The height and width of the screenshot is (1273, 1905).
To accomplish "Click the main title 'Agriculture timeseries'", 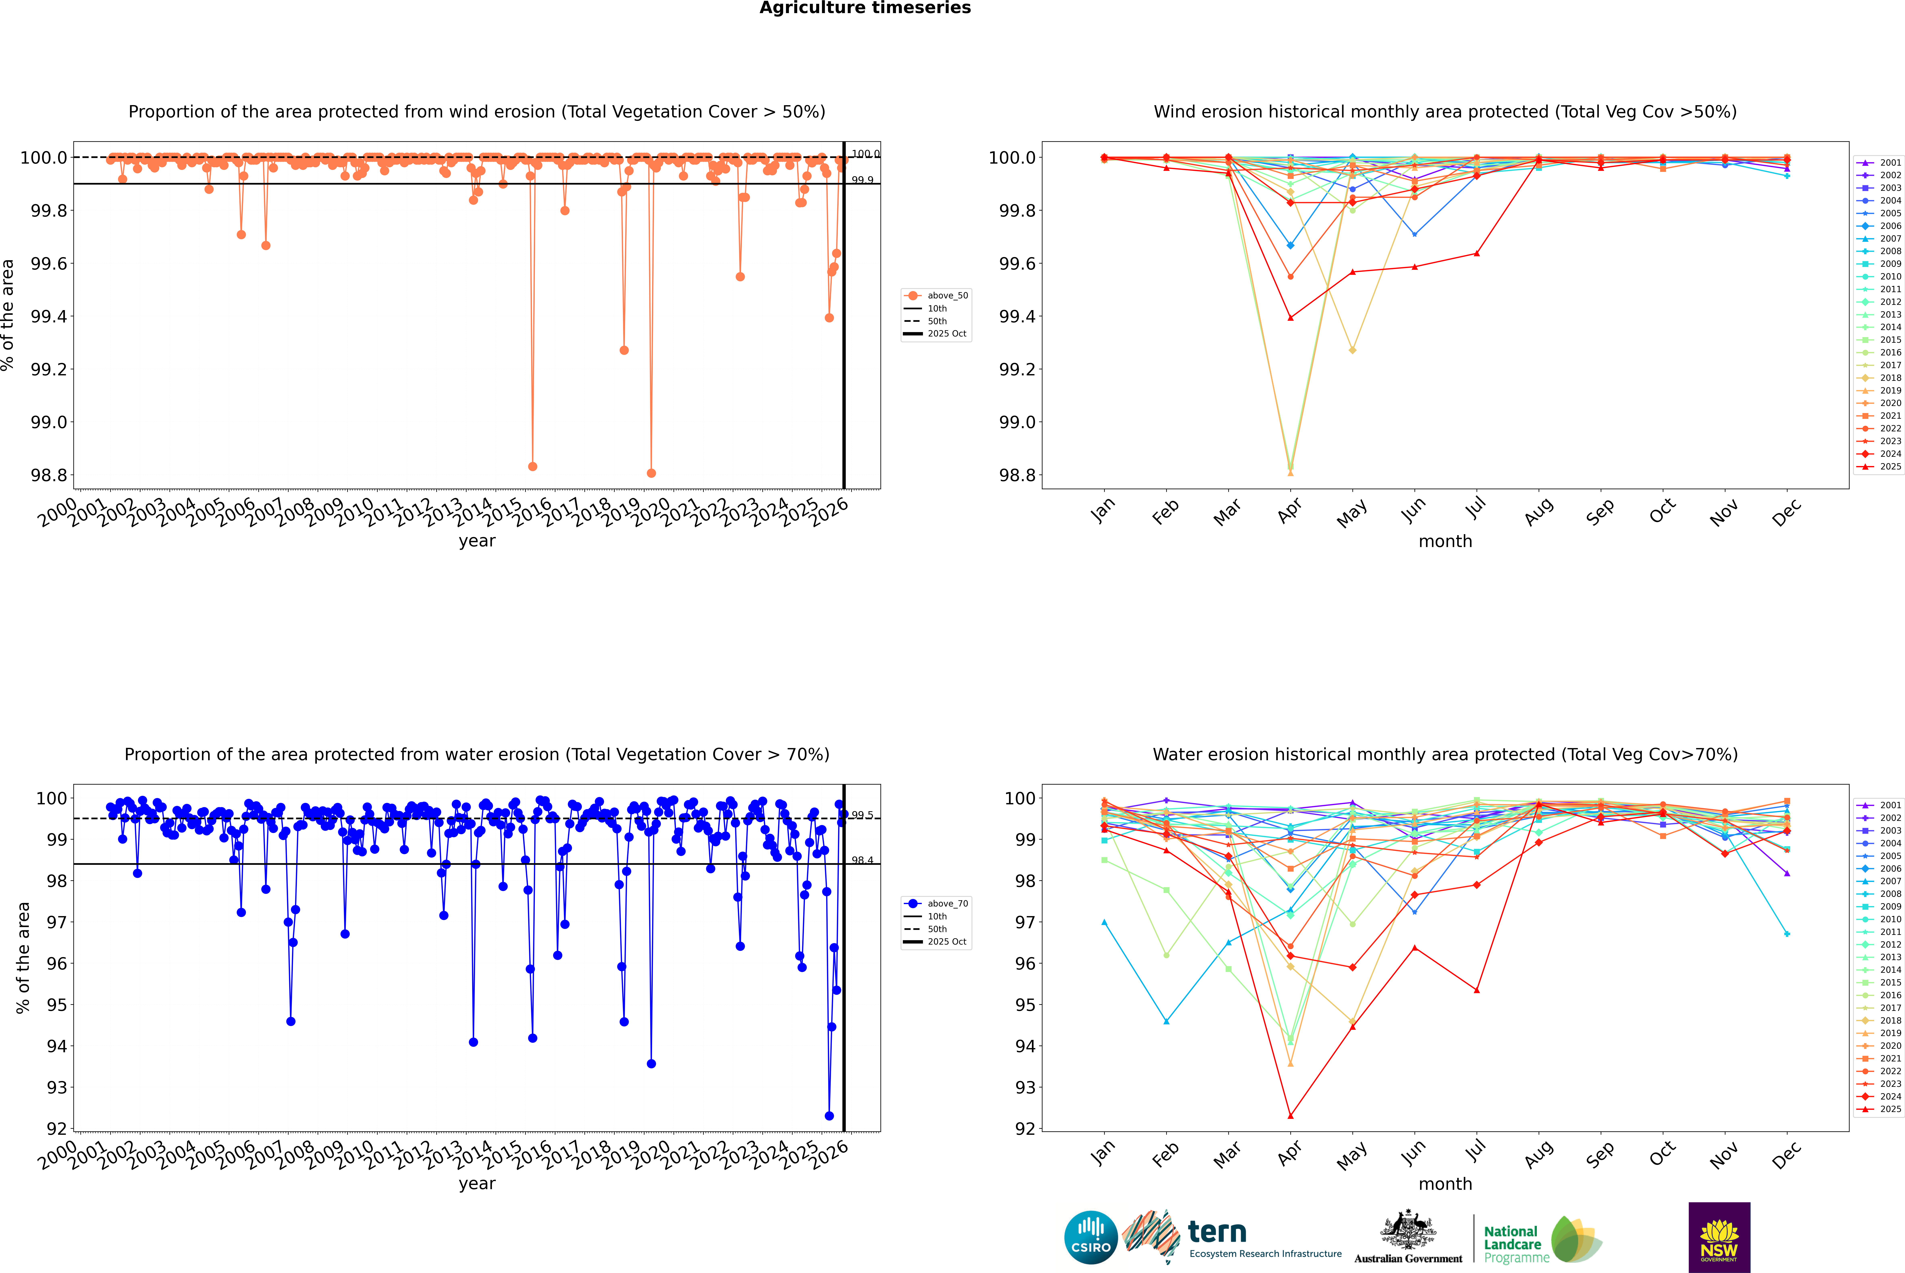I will [x=865, y=8].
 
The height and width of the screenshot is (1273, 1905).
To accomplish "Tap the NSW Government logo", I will [x=1719, y=1237].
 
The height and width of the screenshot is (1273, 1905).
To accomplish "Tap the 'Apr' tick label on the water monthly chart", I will [x=1290, y=1154].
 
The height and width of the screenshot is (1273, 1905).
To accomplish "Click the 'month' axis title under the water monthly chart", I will [x=1445, y=1184].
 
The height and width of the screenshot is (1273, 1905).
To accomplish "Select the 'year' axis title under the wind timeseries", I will [x=477, y=541].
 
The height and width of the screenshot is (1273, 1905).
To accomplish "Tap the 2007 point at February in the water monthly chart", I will [x=1166, y=1021].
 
